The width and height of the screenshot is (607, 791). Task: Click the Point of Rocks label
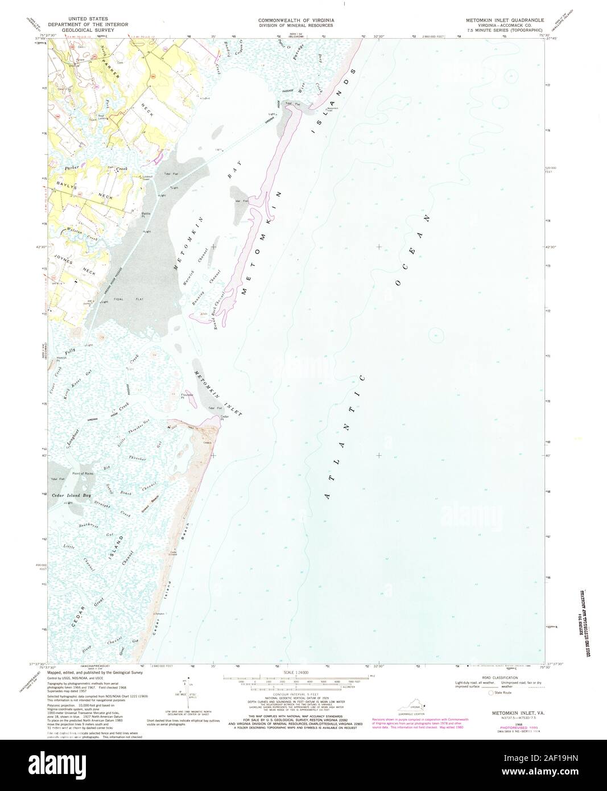(x=82, y=474)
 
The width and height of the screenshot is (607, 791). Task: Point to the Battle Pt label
(x=146, y=215)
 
